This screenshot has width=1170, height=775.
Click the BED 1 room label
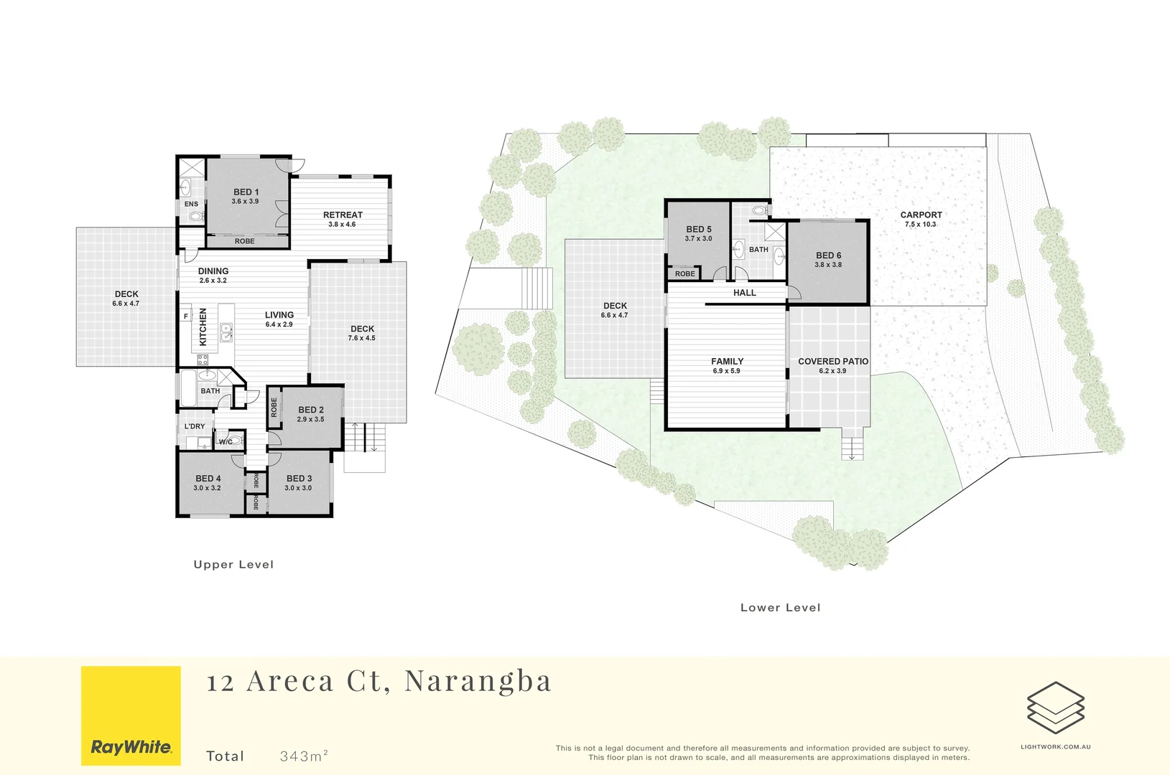246,192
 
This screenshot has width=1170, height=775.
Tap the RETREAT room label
343,215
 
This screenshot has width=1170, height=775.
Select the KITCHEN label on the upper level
203,327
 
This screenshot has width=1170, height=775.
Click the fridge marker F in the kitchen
185,316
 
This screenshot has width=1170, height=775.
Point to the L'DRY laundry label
195,426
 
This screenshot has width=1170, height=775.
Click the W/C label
226,442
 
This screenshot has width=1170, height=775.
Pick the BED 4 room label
208,479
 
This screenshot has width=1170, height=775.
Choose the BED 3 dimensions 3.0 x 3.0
298,488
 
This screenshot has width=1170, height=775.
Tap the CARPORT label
921,215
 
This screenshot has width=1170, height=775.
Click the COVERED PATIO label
833,362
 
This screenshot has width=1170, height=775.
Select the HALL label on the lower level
745,293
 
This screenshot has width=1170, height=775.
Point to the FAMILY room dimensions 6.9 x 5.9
726,371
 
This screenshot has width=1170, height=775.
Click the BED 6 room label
828,255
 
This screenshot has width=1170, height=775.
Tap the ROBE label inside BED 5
684,274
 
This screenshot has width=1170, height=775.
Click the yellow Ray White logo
131,715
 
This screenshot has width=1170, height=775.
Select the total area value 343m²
304,756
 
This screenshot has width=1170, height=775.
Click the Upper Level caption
233,565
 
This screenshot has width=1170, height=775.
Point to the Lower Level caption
780,608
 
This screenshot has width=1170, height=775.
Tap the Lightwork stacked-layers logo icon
1055,708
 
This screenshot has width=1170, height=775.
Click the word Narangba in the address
478,681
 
